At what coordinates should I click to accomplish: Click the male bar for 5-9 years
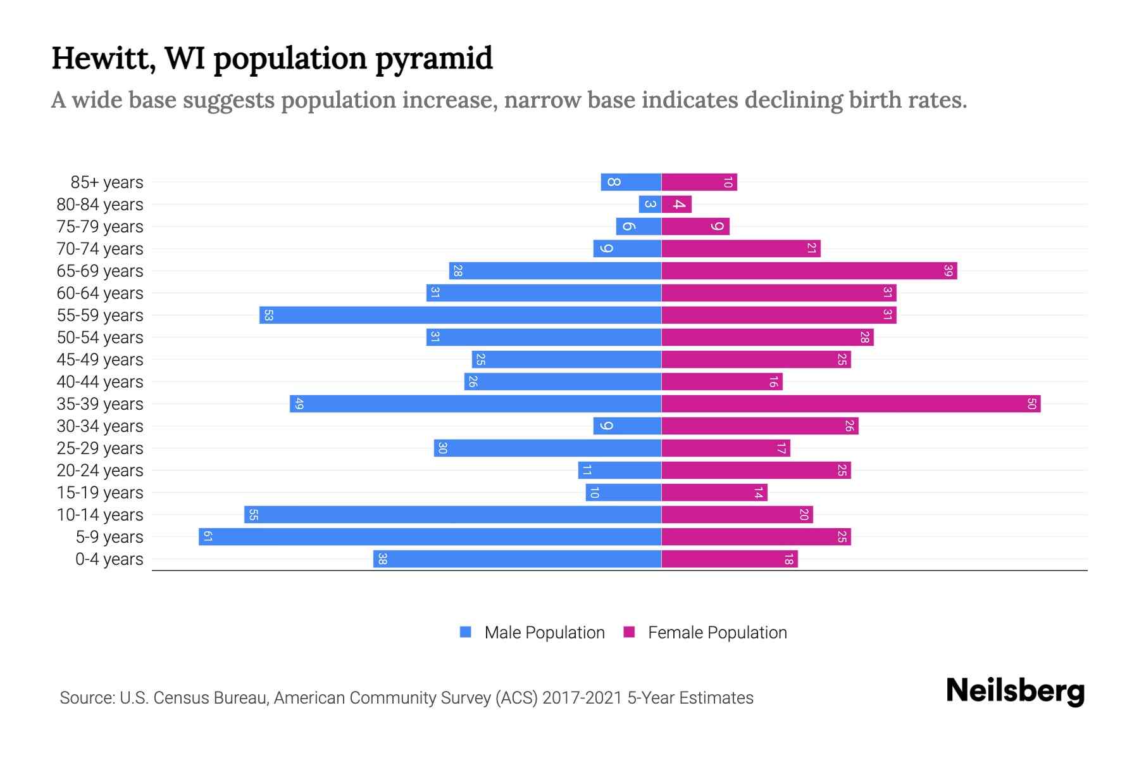[x=430, y=537]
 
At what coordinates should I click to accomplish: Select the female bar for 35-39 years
[x=851, y=404]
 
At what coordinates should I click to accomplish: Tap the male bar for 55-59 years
[x=460, y=315]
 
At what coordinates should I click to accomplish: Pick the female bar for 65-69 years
[x=809, y=271]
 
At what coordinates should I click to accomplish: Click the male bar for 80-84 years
[x=650, y=205]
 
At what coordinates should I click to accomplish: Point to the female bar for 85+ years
[x=699, y=182]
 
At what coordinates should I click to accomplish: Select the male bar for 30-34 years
[x=627, y=426]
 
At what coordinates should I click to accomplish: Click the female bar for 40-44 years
[x=722, y=382]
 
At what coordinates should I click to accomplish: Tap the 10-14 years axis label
[x=100, y=515]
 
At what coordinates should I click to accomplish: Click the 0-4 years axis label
[x=109, y=559]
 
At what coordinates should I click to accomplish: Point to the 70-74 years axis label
[x=100, y=249]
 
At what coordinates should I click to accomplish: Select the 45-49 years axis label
[x=100, y=360]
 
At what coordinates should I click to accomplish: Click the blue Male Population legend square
[x=466, y=632]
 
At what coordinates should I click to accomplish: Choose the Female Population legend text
[x=717, y=633]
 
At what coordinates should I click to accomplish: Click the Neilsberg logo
[x=1015, y=691]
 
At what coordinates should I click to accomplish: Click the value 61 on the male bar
[x=207, y=537]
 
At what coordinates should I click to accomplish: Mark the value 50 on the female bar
[x=1031, y=404]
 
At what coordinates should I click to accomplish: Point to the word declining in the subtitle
[x=793, y=100]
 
